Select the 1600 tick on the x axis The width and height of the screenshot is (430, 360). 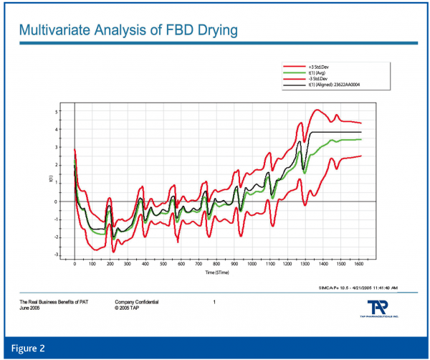358,265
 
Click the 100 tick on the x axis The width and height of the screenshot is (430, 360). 92,265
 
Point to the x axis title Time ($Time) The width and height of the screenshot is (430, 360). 217,273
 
